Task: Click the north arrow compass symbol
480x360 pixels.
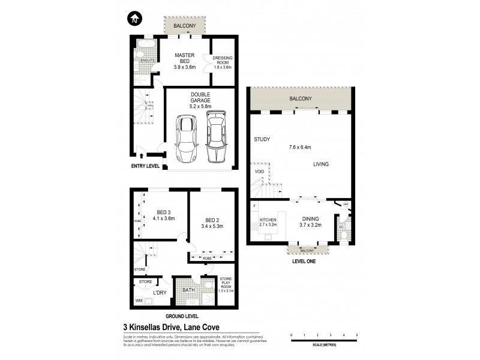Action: pyautogui.click(x=134, y=19)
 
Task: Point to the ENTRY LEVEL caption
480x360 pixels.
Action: pyautogui.click(x=145, y=166)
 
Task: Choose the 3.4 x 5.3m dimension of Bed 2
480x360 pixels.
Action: pyautogui.click(x=212, y=227)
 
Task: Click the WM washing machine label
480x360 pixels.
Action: pyautogui.click(x=139, y=301)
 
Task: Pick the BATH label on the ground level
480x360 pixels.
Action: pyautogui.click(x=188, y=290)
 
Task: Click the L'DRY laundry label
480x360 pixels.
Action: pyautogui.click(x=159, y=292)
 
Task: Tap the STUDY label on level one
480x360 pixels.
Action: pyautogui.click(x=262, y=139)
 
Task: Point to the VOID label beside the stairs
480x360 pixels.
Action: pyautogui.click(x=259, y=171)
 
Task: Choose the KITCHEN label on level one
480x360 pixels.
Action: pyautogui.click(x=268, y=220)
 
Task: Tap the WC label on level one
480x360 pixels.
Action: pyautogui.click(x=341, y=227)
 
